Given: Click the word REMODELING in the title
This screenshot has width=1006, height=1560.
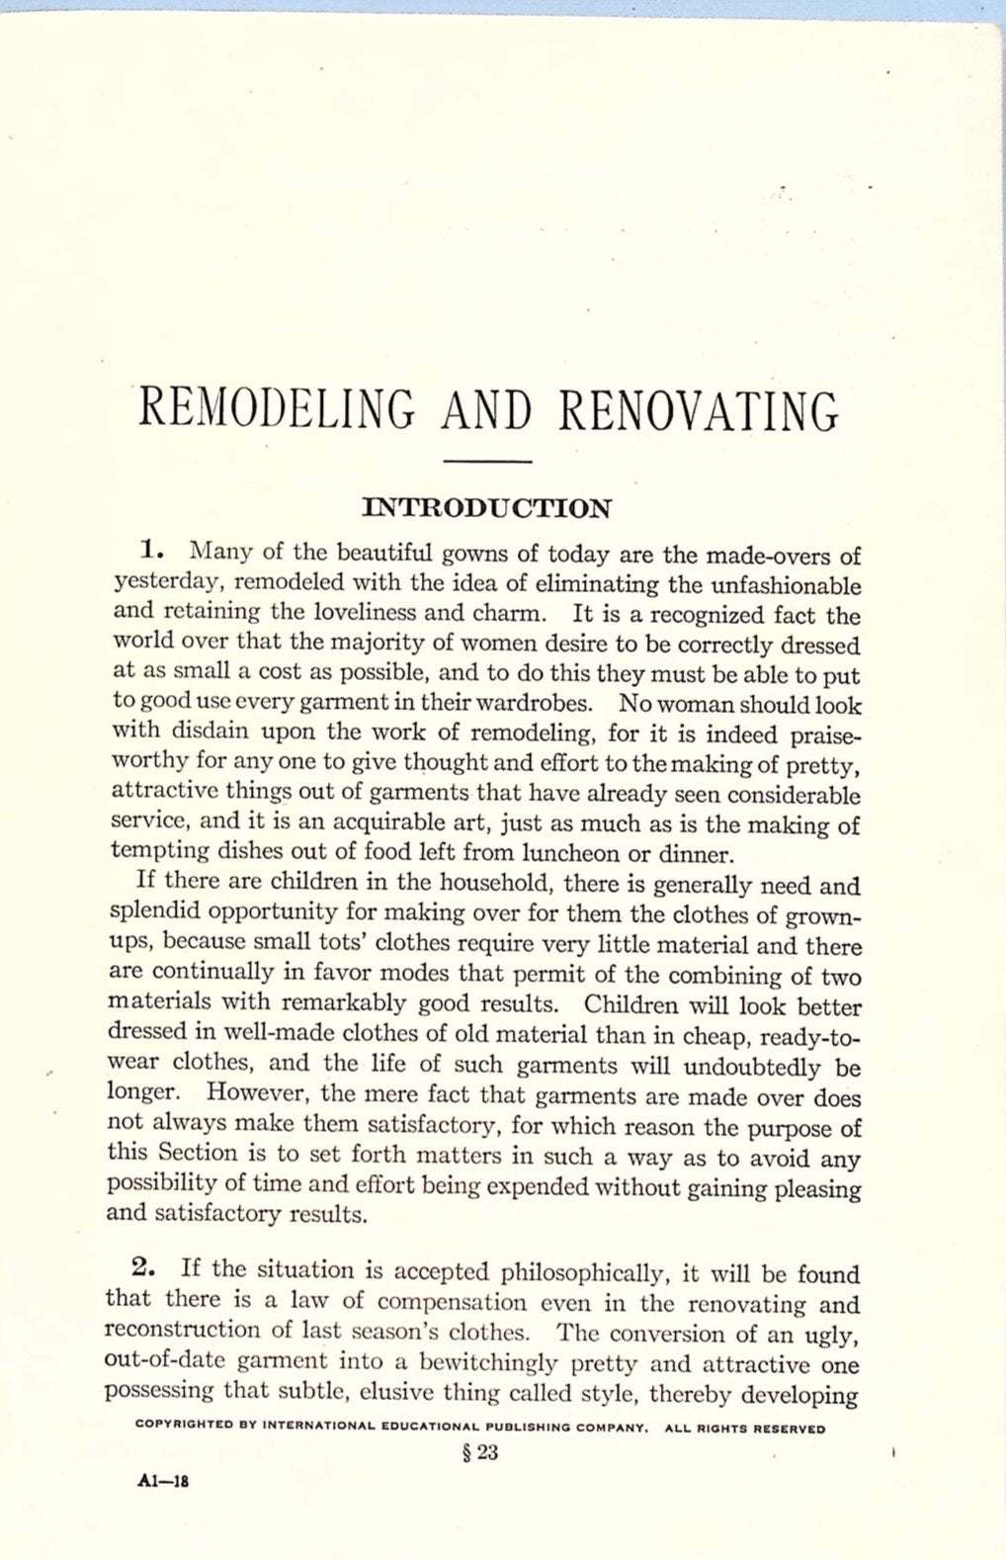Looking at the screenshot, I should point(265,409).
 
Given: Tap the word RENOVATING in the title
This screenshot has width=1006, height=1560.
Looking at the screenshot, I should point(698,409).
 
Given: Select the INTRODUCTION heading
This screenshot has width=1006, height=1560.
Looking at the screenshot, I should point(488,509).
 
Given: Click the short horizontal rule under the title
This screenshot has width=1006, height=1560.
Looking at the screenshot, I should point(488,462).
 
